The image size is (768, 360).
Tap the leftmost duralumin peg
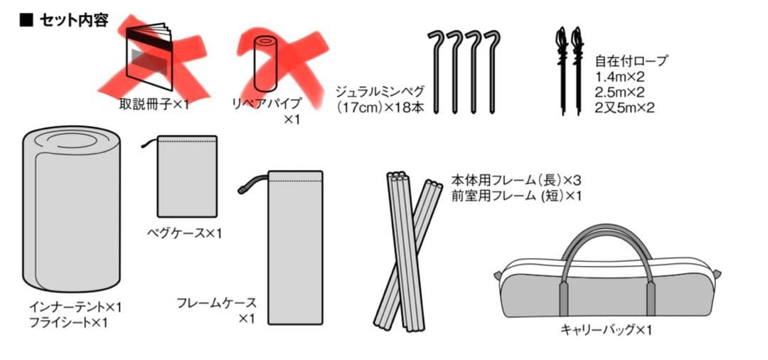click(437, 71)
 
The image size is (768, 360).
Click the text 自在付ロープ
click(631, 62)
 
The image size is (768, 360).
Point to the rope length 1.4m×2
click(620, 78)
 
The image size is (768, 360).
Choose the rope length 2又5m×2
click(625, 108)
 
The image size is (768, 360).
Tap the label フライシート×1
click(69, 322)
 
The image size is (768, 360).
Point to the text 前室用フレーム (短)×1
click(516, 195)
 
